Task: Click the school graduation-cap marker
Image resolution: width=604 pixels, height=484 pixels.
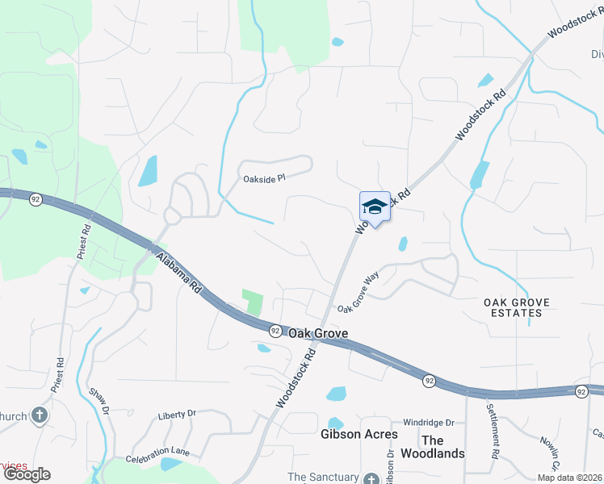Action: [375, 207]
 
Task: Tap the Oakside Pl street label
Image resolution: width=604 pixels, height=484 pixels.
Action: [264, 177]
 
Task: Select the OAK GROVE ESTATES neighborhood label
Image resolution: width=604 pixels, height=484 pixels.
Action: [516, 307]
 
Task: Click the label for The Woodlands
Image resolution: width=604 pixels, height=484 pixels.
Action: [443, 446]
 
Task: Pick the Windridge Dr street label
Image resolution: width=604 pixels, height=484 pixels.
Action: [429, 422]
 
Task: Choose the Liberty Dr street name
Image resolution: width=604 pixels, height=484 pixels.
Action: [177, 413]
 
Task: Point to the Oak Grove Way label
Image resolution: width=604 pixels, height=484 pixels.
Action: [359, 292]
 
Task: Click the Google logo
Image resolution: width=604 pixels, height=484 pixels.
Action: [26, 474]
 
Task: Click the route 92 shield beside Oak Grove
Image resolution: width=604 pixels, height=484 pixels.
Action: [275, 331]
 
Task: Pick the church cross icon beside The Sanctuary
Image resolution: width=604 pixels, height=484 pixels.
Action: [371, 478]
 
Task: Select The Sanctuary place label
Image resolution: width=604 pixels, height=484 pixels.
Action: [323, 478]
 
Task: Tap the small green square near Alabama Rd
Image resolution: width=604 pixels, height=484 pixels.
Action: [254, 302]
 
